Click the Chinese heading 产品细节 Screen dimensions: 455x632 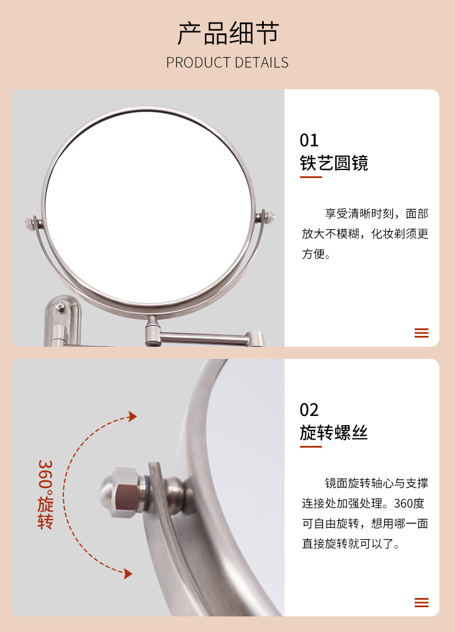228,33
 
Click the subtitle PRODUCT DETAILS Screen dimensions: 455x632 227,63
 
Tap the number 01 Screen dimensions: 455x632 309,141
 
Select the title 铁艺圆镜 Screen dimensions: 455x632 333,163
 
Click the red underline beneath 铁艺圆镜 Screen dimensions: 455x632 310,177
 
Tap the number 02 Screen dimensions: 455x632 309,410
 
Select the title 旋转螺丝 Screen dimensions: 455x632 333,433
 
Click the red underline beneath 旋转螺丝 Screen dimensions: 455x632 310,446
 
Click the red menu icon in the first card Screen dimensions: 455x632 422,333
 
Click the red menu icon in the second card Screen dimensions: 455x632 422,603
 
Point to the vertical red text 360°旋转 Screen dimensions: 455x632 45,494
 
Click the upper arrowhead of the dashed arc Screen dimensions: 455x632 132,417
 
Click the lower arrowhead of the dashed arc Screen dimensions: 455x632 128,574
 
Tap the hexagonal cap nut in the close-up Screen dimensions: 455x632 121,492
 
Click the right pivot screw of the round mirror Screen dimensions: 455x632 268,217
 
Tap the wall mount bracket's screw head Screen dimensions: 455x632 60,308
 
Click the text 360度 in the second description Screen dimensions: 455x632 409,504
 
